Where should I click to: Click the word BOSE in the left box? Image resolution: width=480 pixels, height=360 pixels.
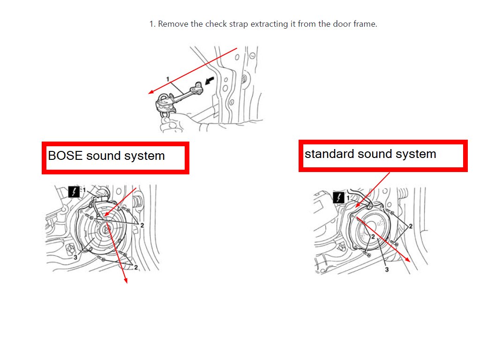click(65, 156)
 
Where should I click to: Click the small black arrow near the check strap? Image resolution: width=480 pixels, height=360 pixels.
click(210, 81)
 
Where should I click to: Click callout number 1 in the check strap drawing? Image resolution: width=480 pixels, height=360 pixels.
click(167, 79)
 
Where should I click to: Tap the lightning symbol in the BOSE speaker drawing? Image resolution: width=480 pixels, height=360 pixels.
click(74, 192)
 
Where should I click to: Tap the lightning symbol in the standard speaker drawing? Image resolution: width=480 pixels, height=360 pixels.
click(338, 197)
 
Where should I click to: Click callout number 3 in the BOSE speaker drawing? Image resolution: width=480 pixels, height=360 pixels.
click(75, 257)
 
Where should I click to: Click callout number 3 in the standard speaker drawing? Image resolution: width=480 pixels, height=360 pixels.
click(387, 270)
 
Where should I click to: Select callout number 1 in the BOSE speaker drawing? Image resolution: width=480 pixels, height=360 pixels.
click(84, 190)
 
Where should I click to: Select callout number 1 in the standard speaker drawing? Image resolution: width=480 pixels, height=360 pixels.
click(348, 198)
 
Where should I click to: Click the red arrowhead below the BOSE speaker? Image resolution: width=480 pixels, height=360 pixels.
click(125, 280)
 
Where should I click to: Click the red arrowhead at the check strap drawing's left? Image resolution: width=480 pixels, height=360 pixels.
click(151, 91)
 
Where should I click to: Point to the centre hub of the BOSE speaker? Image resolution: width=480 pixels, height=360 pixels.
click(106, 228)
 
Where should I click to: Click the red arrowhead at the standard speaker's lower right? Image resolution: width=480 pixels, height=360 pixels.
click(407, 259)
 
